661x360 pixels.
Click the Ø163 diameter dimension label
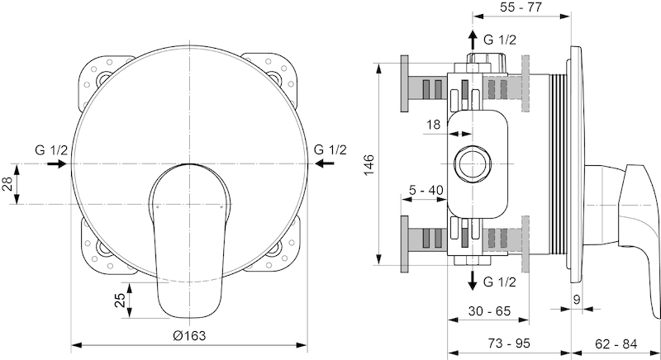(x=189, y=335)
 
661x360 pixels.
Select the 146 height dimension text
(x=369, y=165)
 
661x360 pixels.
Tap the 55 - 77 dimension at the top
(x=521, y=7)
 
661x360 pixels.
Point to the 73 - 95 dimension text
(x=509, y=343)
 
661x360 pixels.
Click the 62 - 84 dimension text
(x=616, y=343)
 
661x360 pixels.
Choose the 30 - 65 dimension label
(x=489, y=310)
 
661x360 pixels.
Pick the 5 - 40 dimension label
(x=426, y=190)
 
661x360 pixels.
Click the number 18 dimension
(x=433, y=124)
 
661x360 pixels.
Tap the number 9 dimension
(x=577, y=300)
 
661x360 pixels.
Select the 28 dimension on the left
(x=7, y=183)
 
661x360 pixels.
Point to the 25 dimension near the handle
(x=120, y=300)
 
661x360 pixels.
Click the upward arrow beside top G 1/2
(x=473, y=40)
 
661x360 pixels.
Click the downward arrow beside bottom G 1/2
(x=473, y=281)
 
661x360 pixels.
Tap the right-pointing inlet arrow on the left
(x=57, y=163)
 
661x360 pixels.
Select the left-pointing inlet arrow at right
(x=325, y=163)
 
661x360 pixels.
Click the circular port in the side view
(x=473, y=163)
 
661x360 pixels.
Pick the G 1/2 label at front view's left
(x=51, y=150)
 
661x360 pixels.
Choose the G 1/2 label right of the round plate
(x=330, y=149)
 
